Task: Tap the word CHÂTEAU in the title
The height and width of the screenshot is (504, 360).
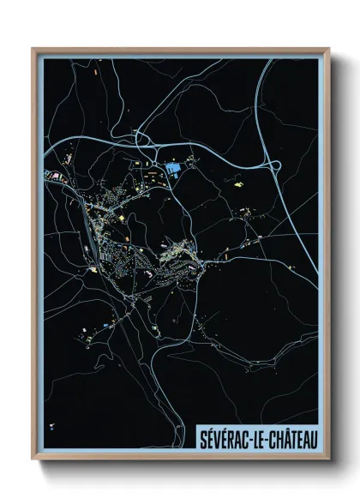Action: (290, 439)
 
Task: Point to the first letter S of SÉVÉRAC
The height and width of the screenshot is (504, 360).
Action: (203, 439)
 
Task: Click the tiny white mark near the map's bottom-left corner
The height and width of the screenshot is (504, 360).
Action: (53, 425)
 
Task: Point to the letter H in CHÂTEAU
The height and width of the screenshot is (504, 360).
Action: (275, 439)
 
